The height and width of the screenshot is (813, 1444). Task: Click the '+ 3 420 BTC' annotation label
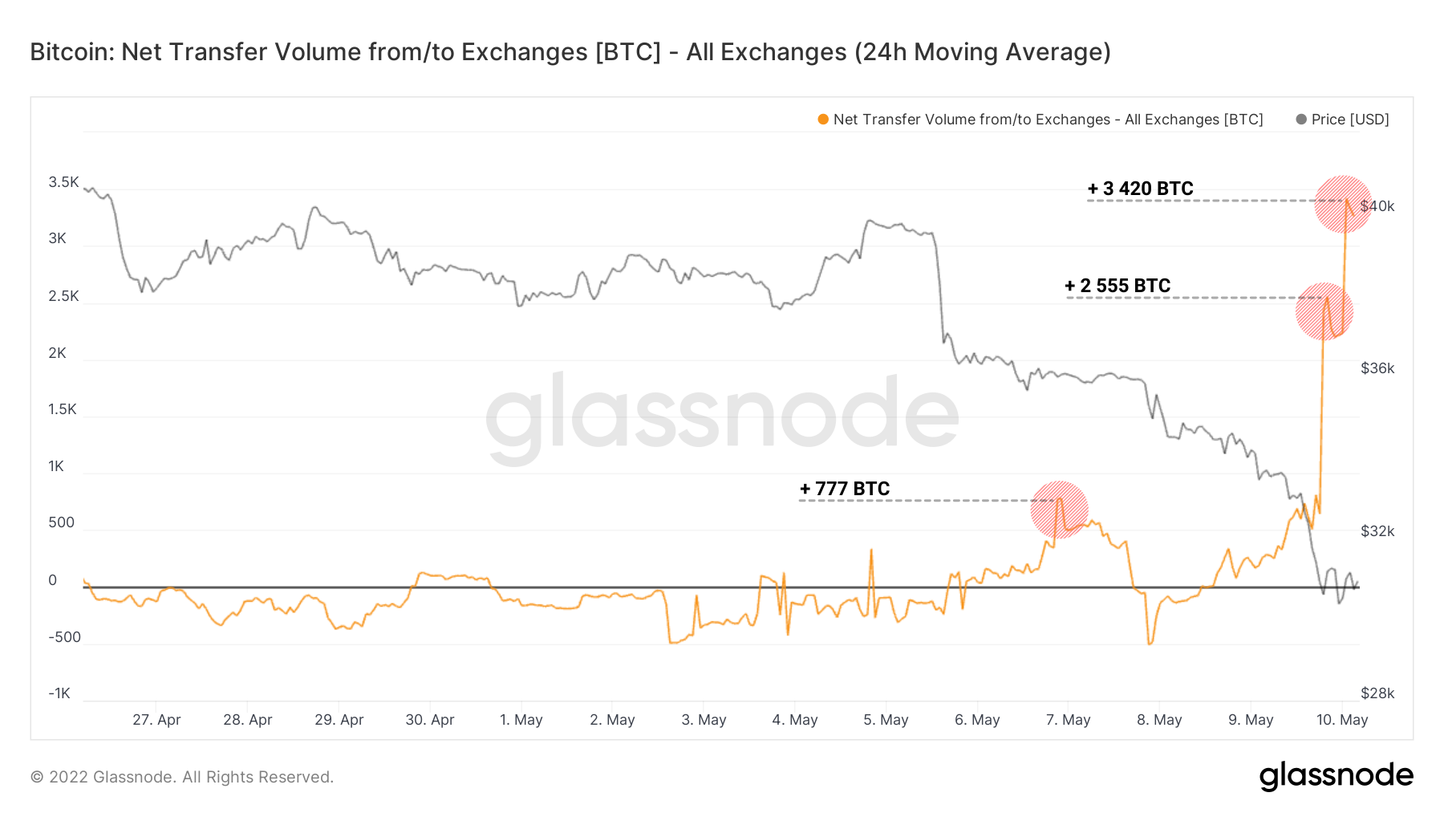click(1140, 189)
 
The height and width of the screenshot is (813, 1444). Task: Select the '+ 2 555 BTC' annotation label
click(1117, 286)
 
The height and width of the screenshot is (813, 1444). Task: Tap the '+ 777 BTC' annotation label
click(845, 489)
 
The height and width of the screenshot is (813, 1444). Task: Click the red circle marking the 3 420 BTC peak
click(1343, 204)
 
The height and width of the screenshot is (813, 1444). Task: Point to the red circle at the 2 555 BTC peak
click(1324, 311)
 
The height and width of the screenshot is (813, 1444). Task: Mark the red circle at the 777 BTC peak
click(1059, 509)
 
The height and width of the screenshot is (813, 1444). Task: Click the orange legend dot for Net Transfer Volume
click(823, 120)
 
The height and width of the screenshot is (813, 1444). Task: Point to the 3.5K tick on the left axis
click(63, 182)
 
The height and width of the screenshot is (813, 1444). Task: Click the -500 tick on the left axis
click(64, 637)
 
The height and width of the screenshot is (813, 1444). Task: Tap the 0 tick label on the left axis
click(53, 580)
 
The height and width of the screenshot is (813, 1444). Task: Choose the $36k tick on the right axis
click(1377, 368)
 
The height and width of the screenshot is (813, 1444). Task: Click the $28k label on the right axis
click(1377, 693)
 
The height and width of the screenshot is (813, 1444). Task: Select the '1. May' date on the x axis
click(521, 720)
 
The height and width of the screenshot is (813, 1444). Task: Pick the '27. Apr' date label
click(156, 720)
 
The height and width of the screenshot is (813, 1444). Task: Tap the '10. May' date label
click(1341, 720)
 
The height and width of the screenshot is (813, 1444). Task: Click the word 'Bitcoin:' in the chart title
click(72, 52)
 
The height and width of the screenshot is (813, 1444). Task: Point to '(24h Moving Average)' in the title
click(982, 52)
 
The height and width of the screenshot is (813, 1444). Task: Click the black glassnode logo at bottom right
click(1336, 776)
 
